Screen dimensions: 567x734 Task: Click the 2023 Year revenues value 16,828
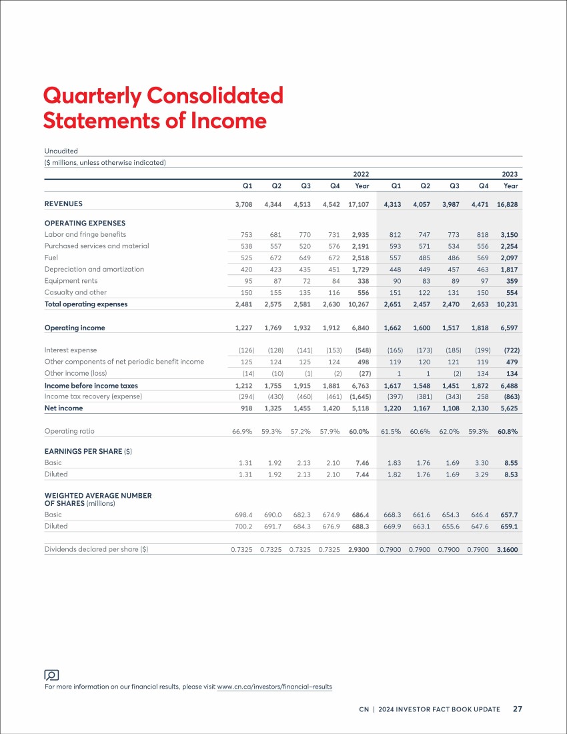[x=507, y=205]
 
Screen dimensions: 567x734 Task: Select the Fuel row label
[x=51, y=258]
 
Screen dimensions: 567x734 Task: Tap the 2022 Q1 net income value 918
[x=247, y=408]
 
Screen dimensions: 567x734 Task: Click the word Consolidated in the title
[x=215, y=95]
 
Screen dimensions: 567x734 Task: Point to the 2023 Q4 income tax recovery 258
[x=482, y=396]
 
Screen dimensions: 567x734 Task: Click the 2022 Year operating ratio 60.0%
[x=359, y=432]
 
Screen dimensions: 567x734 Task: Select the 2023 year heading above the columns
[x=510, y=174]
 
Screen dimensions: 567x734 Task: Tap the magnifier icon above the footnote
[x=51, y=675]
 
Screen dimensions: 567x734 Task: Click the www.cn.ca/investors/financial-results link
[x=275, y=687]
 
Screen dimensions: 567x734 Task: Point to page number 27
[x=518, y=709]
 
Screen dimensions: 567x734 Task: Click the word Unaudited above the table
[x=61, y=151]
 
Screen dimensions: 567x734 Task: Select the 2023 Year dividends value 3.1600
[x=508, y=550]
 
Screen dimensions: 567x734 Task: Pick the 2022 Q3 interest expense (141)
[x=305, y=350]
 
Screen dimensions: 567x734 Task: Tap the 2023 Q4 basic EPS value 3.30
[x=482, y=463]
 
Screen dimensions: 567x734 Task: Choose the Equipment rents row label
[x=71, y=281]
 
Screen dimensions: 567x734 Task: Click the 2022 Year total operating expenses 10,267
[x=358, y=304]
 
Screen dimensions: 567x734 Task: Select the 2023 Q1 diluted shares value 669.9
[x=392, y=526]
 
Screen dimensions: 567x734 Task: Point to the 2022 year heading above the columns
[x=361, y=174]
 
